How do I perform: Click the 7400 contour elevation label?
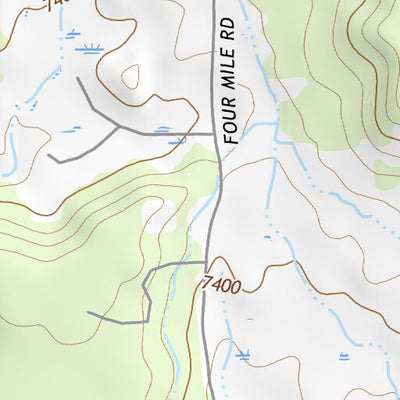coord(221,286)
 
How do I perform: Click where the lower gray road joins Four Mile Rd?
coord(206,263)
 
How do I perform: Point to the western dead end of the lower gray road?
coord(88,313)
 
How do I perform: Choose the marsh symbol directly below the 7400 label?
coord(243,353)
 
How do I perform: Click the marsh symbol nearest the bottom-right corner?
coord(345,358)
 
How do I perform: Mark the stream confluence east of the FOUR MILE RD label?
coord(272,125)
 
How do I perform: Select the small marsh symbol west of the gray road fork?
coord(70,131)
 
